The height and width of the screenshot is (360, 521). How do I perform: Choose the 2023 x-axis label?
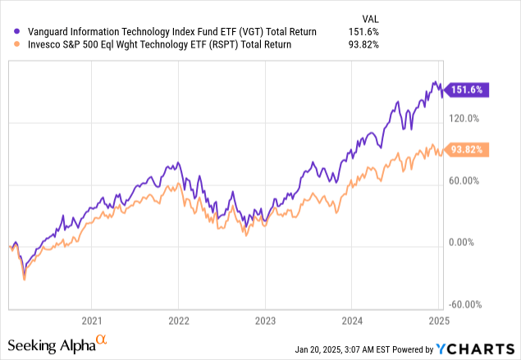click(x=265, y=320)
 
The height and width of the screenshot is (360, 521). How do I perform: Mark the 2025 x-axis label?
click(x=438, y=320)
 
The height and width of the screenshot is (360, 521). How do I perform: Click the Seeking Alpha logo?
click(x=57, y=344)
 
